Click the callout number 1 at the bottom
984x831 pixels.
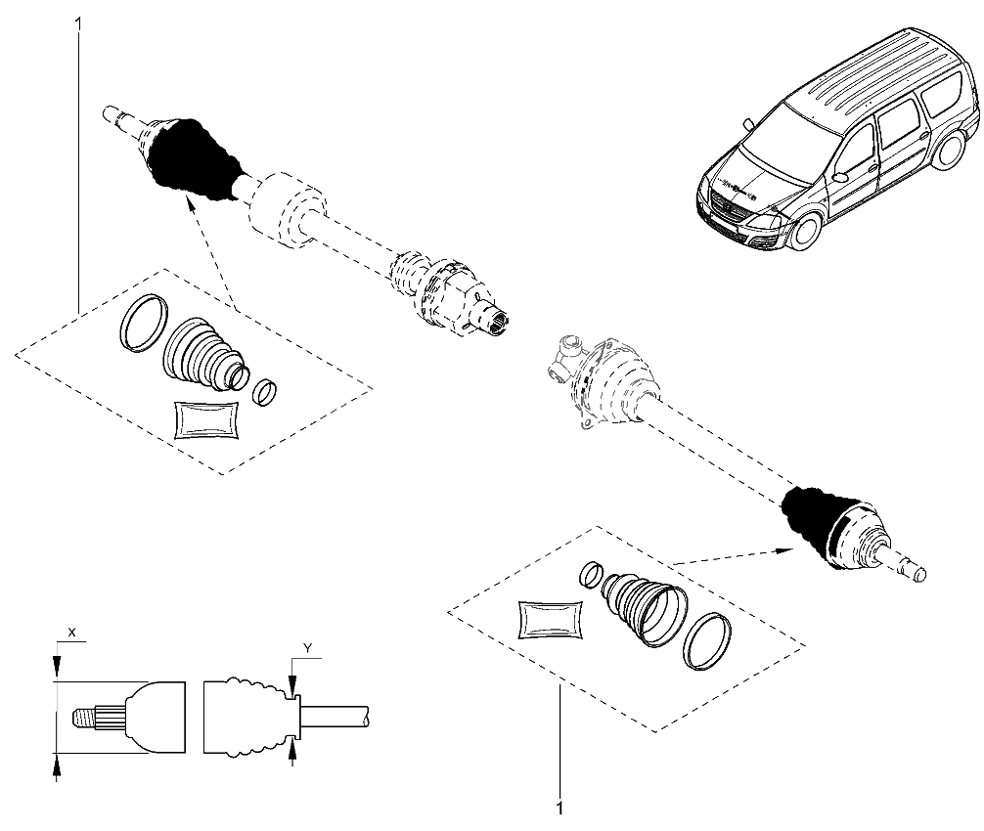[x=559, y=809]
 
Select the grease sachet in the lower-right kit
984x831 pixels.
[x=551, y=620]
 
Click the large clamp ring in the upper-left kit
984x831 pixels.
[x=142, y=319]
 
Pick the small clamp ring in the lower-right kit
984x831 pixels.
[x=590, y=574]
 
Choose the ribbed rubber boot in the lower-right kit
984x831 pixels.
[x=641, y=606]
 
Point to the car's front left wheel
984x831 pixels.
[x=805, y=231]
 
